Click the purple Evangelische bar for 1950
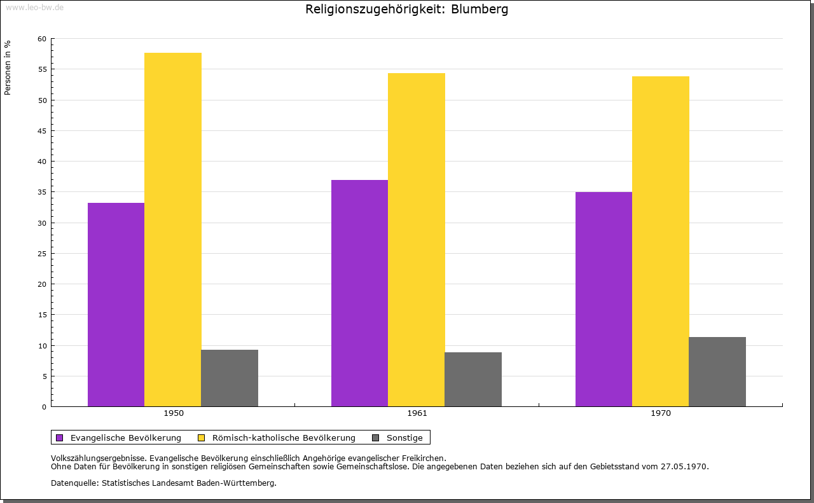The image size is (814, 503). (116, 305)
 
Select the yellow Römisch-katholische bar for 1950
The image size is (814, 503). (172, 230)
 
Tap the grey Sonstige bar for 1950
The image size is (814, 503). (229, 378)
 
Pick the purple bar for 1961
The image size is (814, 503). (359, 293)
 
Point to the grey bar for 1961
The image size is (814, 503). (473, 379)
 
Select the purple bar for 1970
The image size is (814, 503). (604, 299)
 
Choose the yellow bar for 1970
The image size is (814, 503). (660, 241)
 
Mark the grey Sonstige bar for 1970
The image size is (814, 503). (717, 371)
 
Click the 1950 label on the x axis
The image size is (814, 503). (174, 413)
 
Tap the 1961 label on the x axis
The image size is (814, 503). (417, 413)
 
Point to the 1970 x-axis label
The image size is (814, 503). (661, 413)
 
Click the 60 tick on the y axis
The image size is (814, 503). (42, 39)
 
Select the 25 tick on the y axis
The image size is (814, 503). (42, 254)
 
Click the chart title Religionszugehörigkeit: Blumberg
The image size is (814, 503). (406, 10)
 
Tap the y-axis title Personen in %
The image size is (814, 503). (8, 67)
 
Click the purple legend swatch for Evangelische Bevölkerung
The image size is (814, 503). (60, 438)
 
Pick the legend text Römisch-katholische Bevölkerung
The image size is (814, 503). (284, 438)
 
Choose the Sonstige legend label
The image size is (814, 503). (404, 438)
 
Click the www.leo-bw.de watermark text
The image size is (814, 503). (34, 7)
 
